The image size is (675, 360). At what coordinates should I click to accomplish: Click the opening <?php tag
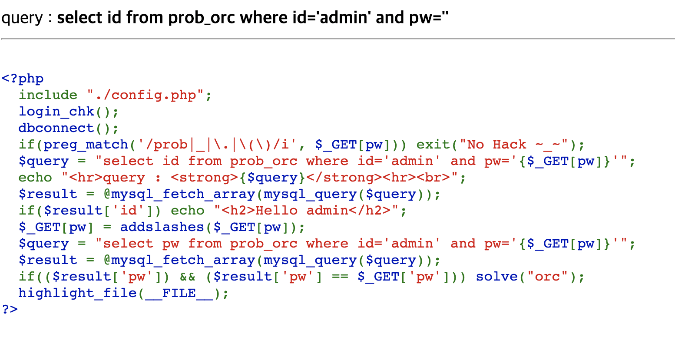tap(23, 79)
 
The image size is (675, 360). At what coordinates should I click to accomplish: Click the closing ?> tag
tap(10, 309)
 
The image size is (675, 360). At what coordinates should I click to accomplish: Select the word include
tap(48, 95)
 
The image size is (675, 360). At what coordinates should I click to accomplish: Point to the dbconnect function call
tap(56, 128)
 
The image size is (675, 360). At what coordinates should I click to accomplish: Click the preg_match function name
tap(86, 145)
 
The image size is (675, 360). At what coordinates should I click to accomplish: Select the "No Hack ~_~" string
tap(514, 145)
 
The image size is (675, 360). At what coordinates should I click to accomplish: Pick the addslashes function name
tap(162, 227)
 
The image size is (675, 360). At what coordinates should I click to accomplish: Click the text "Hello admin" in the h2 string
tap(302, 211)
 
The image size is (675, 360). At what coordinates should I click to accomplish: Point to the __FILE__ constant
tap(179, 293)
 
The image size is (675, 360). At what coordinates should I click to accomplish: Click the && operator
tap(188, 277)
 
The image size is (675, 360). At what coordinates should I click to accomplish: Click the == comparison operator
tap(340, 277)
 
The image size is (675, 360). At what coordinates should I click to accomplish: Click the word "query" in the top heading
tap(22, 18)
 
